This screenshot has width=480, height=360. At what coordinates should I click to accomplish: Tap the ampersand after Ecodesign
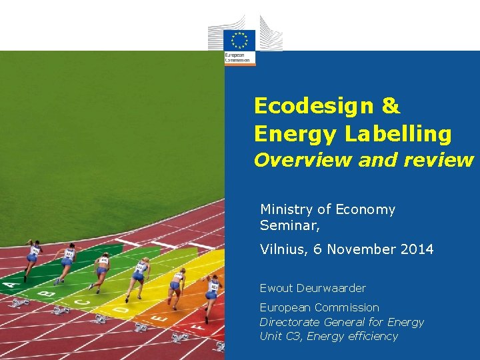(391, 105)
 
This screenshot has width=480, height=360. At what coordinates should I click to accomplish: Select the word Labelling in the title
(398, 134)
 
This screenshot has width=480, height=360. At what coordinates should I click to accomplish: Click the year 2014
(417, 249)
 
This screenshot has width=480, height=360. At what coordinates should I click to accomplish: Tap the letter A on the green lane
(9, 285)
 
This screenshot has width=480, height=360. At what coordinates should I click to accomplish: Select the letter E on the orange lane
(160, 319)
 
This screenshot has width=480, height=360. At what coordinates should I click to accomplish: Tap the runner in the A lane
(31, 258)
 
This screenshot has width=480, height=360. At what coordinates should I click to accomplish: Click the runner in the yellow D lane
(139, 276)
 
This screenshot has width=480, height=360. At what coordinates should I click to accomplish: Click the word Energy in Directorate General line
(405, 322)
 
